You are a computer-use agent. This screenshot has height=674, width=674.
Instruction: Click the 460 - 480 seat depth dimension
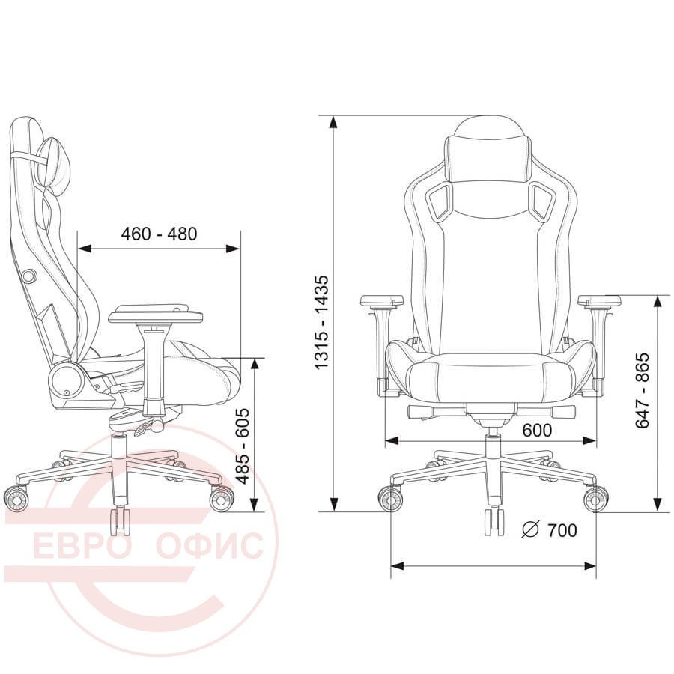click(x=159, y=234)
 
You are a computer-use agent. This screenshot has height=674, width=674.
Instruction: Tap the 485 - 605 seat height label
click(x=243, y=446)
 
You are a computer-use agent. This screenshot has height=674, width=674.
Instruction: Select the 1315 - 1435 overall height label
click(x=321, y=322)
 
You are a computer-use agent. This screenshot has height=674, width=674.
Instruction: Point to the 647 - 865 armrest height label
click(x=643, y=391)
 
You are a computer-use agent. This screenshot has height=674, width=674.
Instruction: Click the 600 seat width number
click(x=537, y=430)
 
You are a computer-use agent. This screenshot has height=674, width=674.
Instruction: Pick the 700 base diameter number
click(x=562, y=530)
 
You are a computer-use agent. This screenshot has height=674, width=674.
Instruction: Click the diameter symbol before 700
click(x=530, y=529)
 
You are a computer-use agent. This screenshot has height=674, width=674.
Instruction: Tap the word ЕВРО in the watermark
click(x=82, y=545)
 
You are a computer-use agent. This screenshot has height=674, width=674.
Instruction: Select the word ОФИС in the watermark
click(x=210, y=545)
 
